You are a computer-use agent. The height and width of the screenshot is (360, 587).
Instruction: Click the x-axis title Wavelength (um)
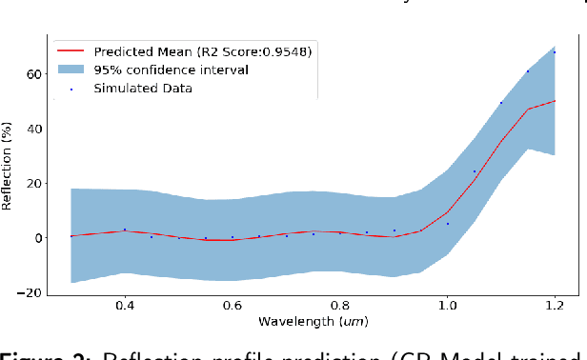point(312,325)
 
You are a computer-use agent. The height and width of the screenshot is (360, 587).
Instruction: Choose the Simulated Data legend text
point(143,89)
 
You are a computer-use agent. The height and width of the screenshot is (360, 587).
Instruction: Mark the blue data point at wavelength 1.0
point(448,224)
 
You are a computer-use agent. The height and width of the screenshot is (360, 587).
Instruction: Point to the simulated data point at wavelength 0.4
point(125,230)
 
